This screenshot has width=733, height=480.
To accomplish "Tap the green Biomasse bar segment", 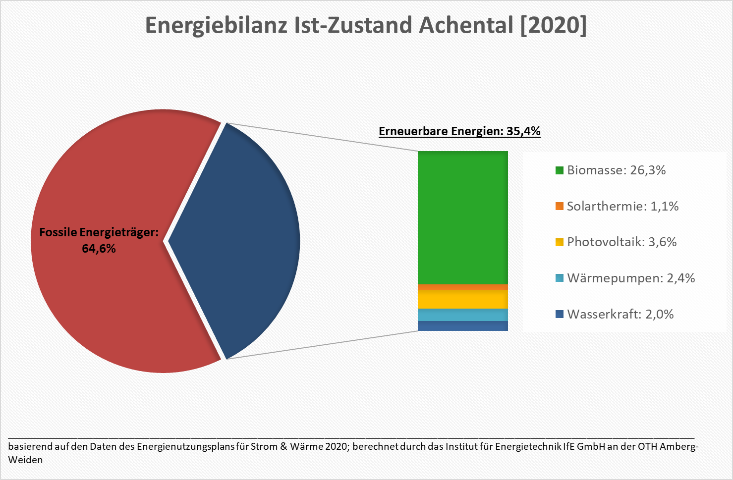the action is (463, 218).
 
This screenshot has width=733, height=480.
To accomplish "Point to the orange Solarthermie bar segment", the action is (463, 287).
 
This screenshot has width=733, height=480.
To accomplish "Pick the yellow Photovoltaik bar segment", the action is (463, 300).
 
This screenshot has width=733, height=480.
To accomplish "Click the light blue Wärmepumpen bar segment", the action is (463, 315).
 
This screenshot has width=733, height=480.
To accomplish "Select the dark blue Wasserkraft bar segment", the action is (463, 326).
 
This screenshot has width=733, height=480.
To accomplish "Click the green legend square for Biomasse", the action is (559, 170).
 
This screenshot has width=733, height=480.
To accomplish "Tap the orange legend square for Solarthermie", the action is (559, 207).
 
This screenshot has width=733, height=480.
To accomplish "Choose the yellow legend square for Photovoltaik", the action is (559, 242).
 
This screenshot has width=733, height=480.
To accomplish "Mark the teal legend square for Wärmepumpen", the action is (559, 278).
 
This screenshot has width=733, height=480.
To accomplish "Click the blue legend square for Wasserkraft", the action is (559, 314).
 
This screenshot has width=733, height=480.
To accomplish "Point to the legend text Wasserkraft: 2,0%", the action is (620, 314).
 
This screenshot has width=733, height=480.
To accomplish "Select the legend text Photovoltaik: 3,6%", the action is (622, 242).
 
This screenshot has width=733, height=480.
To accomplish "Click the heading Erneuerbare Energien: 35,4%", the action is (459, 131).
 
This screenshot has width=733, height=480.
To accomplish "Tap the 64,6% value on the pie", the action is (99, 249).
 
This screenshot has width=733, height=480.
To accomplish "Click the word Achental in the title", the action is (466, 25).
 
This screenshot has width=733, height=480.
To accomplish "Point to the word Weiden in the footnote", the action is (26, 460).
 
